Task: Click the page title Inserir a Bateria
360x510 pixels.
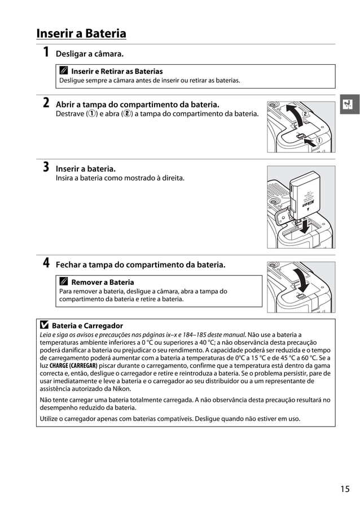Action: [81, 34]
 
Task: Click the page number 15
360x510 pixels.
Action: [345, 489]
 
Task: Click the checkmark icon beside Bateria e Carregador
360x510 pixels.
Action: [44, 326]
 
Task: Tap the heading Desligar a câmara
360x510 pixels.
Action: [89, 54]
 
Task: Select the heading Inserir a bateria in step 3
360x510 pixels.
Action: [85, 169]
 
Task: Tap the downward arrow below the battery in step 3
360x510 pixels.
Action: [305, 226]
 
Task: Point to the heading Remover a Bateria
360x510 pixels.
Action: [103, 282]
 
